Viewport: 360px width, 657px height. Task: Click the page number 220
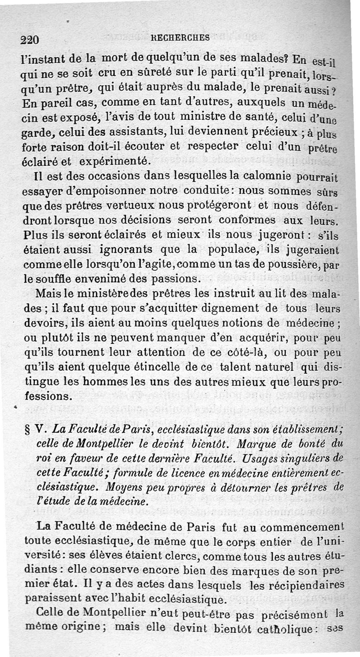[29, 39]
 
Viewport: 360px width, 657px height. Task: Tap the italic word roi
[43, 459]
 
